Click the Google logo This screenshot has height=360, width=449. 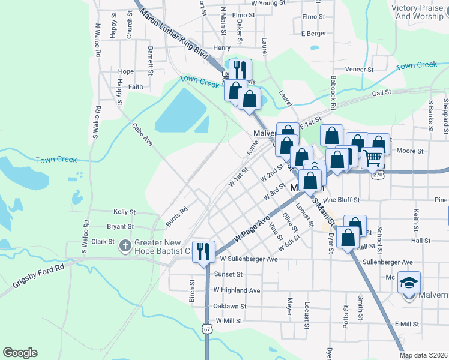(20, 353)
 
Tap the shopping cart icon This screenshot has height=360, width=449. (372, 158)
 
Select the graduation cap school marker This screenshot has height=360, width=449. (409, 283)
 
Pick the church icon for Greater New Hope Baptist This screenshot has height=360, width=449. (125, 245)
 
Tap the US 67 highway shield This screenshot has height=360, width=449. (207, 329)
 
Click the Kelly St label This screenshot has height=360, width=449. (125, 212)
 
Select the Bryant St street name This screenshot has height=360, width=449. (120, 226)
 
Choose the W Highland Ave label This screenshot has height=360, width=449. (237, 290)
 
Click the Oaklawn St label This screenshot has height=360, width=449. (231, 306)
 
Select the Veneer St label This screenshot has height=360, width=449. (360, 70)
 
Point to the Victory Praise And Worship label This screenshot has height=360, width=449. (419, 12)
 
